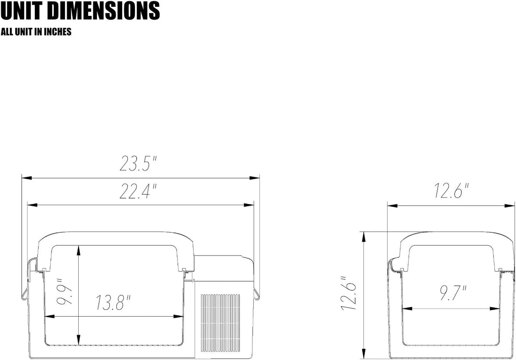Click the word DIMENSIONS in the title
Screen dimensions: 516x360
point(104,11)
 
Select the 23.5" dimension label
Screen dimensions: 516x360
point(138,163)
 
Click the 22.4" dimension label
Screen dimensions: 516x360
point(138,191)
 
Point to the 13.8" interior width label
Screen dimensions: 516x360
point(113,302)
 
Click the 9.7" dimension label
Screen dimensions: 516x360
point(453,293)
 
